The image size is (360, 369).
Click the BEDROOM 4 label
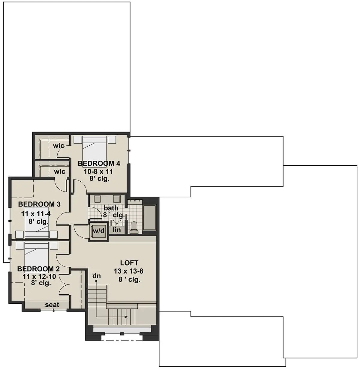click(99, 163)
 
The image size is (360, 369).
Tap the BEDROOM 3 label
click(39, 204)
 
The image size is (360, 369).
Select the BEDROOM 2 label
click(38, 269)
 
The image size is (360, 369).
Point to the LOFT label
click(129, 263)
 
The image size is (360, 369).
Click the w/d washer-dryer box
click(98, 231)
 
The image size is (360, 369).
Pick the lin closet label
click(117, 230)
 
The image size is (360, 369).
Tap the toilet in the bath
click(134, 228)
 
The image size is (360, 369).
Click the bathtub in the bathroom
click(149, 218)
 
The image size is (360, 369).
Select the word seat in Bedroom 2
click(52, 305)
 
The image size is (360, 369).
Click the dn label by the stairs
click(96, 276)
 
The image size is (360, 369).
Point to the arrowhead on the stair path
click(126, 317)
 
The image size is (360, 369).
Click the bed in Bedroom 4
click(94, 151)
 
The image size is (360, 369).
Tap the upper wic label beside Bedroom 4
click(58, 146)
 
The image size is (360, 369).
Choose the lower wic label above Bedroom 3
click(60, 171)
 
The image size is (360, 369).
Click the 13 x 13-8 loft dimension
click(128, 271)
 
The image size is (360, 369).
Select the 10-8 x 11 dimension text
click(98, 171)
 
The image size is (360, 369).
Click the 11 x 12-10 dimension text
click(40, 276)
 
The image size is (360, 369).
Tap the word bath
click(111, 208)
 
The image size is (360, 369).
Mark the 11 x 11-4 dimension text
click(36, 214)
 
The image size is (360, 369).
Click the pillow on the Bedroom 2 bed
click(36, 245)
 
